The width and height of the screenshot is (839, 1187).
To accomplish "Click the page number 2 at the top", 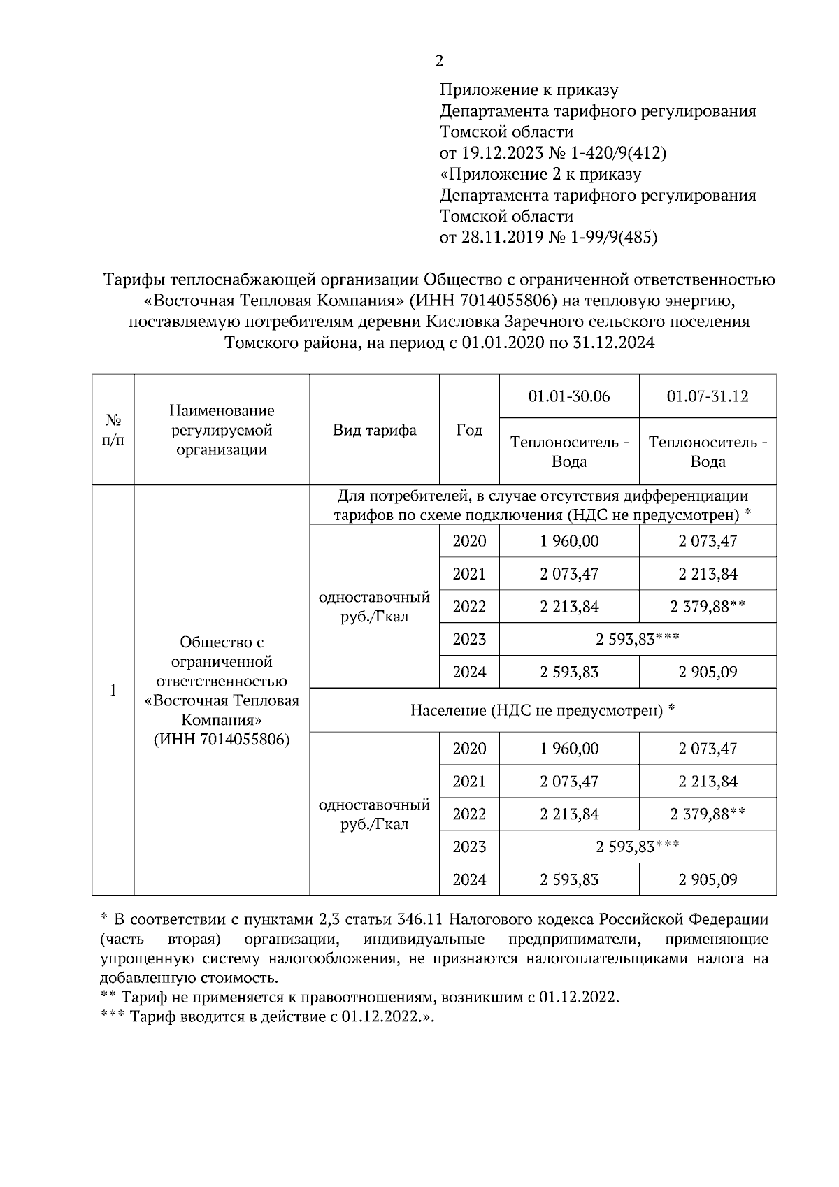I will pyautogui.click(x=438, y=61).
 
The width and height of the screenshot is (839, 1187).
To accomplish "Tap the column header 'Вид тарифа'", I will pyautogui.click(x=374, y=430).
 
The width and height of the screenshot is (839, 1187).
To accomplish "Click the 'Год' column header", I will pyautogui.click(x=469, y=430).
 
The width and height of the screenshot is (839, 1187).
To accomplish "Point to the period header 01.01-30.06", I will pyautogui.click(x=569, y=396).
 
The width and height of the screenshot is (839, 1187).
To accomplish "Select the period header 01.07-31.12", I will pyautogui.click(x=708, y=396).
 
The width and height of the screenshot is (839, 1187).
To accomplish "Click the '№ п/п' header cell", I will pyautogui.click(x=113, y=430).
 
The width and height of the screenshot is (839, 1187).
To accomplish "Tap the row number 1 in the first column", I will pyautogui.click(x=113, y=691).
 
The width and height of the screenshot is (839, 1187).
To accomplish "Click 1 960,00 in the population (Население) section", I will pyautogui.click(x=569, y=749).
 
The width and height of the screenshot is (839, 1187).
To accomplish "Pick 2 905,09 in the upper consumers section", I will pyautogui.click(x=708, y=672).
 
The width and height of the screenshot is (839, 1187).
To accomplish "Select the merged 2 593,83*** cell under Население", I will pyautogui.click(x=638, y=847).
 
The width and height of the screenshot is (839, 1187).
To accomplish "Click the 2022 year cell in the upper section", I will pyautogui.click(x=469, y=606).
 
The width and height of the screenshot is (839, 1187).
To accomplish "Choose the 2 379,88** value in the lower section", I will pyautogui.click(x=708, y=814).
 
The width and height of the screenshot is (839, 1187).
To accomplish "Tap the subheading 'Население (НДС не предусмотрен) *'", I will pyautogui.click(x=543, y=710).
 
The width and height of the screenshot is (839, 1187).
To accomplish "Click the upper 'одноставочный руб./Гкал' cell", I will pyautogui.click(x=374, y=607).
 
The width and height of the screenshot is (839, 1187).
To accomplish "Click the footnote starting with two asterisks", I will pyautogui.click(x=359, y=996).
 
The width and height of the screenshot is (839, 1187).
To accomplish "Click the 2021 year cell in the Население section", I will pyautogui.click(x=469, y=781).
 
